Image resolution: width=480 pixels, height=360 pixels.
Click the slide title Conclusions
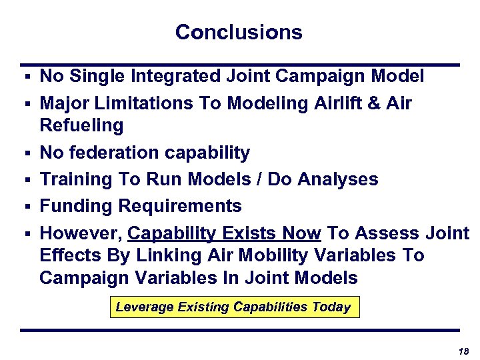click(239, 32)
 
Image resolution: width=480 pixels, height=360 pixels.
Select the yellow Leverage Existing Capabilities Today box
click(234, 307)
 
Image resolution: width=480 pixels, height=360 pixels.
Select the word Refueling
click(81, 125)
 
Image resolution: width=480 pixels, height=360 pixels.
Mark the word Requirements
click(180, 206)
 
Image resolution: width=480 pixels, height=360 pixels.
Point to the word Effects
click(69, 255)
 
